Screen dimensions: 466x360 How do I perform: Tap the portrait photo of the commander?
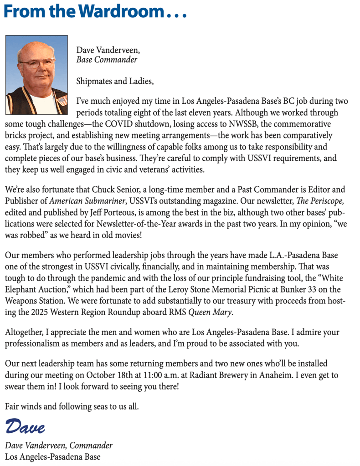point(36,75)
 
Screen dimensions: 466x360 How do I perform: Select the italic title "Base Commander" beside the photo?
point(107,60)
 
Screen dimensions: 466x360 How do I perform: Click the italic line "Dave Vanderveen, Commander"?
point(59,446)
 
